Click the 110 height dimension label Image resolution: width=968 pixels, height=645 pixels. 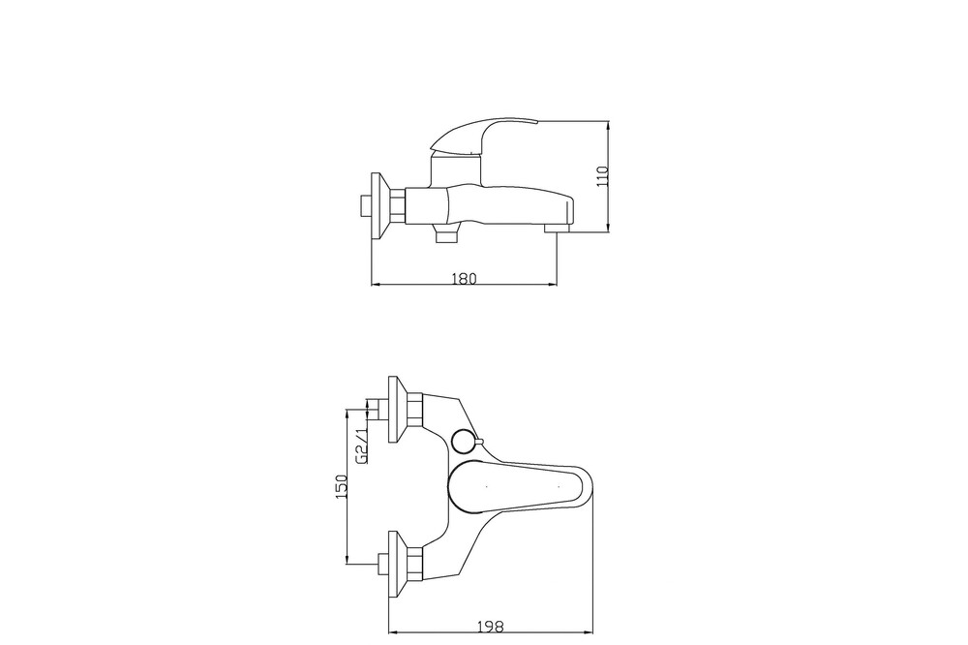pos(603,176)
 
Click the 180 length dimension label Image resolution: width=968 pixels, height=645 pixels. pos(465,279)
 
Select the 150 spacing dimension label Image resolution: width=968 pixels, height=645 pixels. pos(342,486)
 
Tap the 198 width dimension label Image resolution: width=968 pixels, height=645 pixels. pos(491,626)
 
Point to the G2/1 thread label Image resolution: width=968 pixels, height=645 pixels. pos(362,445)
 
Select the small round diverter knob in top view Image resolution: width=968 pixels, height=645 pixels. pos(463,441)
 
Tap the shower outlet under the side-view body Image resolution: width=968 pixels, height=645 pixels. pos(445,235)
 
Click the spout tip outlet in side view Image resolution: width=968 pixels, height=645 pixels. pos(559,228)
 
